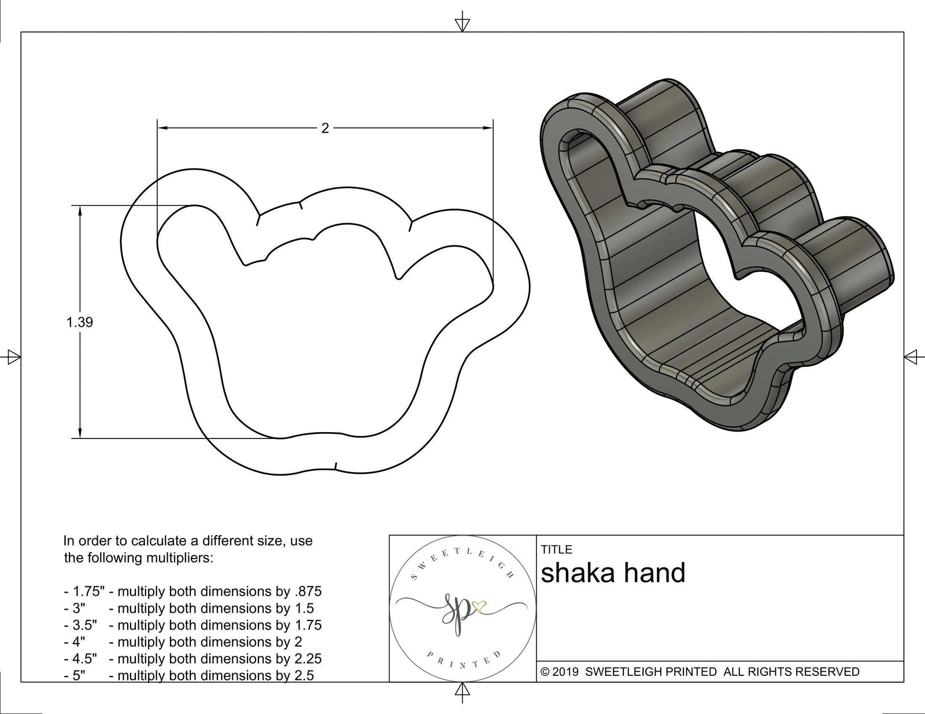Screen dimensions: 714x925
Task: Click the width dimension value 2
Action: coord(325,128)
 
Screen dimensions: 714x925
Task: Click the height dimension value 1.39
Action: coord(80,322)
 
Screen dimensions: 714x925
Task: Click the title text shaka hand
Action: coord(613,573)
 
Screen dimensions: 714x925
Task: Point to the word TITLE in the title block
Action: coord(557,549)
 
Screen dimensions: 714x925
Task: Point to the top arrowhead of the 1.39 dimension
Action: coord(80,211)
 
